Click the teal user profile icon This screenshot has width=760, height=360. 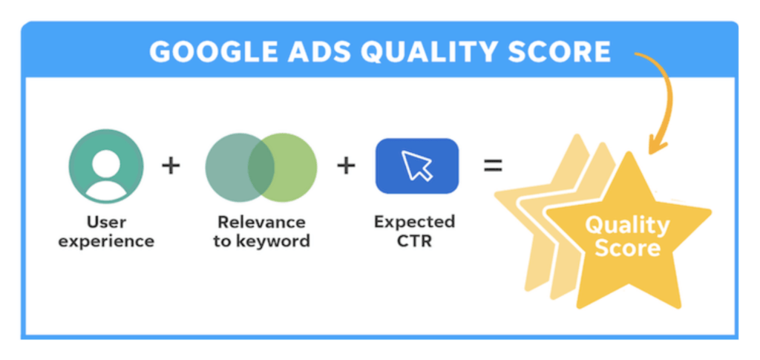106,167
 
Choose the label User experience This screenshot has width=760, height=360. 106,232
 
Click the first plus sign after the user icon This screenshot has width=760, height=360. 171,167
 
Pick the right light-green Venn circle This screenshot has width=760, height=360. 295,168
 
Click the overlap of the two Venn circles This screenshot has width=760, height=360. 261,168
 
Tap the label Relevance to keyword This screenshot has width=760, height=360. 262,232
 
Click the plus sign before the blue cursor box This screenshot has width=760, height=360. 346,167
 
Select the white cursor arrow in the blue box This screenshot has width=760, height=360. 416,166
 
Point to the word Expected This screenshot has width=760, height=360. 414,222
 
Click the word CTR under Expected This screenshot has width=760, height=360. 414,240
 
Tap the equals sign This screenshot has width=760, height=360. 493,166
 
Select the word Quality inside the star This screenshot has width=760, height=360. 627,225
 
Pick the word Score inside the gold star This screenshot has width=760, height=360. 627,248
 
